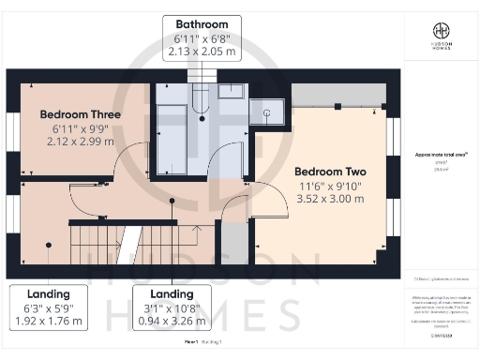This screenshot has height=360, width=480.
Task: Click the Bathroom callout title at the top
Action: coord(202,23)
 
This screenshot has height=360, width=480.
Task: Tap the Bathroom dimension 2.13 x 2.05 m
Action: coord(202,53)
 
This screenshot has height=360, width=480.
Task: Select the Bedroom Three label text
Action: coord(80,114)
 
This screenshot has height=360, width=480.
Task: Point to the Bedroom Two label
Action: coord(329,172)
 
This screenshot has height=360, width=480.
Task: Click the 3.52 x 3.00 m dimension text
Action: coord(329,199)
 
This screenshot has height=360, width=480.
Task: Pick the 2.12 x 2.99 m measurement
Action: coord(80,142)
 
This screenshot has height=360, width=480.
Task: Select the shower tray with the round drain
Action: coord(267,112)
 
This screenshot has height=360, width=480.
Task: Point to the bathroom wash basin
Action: coord(231,92)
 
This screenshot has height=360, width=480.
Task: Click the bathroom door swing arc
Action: coord(227,161)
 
